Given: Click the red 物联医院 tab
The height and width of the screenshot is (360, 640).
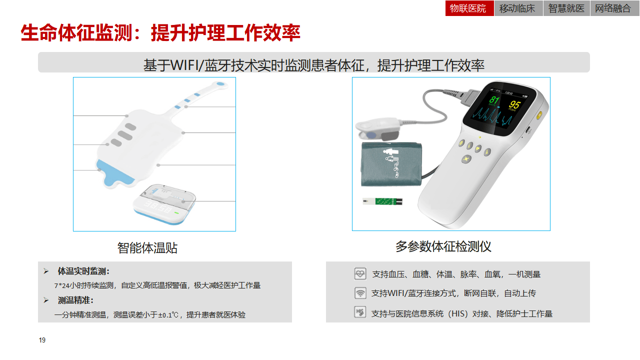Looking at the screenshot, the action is tap(469, 8).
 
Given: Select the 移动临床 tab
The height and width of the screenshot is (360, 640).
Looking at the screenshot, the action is tap(518, 8).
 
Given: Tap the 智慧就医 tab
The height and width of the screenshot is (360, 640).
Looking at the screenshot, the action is tap(566, 8).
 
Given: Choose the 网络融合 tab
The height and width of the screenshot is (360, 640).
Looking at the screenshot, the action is tap(614, 8).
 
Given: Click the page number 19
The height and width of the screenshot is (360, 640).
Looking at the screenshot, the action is tap(42, 340).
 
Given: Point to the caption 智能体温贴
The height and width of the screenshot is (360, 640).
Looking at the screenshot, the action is tap(147, 247).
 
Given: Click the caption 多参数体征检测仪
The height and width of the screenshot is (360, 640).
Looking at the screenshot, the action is tap(443, 246).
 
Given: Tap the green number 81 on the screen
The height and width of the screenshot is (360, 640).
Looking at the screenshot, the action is tap(493, 99).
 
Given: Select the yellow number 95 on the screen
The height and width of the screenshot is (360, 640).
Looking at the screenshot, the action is tap(514, 104).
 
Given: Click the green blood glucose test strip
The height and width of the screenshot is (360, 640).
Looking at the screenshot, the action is tap(382, 201).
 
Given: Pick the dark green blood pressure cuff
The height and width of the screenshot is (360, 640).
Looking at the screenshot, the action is tap(391, 164).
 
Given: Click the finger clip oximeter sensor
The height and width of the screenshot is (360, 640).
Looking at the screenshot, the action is tap(377, 129).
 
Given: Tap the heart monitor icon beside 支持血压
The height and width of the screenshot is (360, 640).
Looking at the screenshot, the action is tap(360, 273).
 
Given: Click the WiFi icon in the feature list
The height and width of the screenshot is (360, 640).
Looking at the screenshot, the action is tap(360, 293).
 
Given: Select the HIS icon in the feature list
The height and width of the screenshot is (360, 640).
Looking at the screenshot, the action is tap(360, 312).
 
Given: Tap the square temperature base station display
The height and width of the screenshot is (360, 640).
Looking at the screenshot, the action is tap(164, 204).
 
